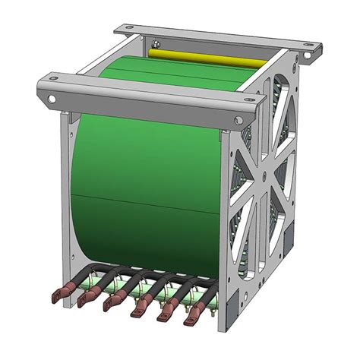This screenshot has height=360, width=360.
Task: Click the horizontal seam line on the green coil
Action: (144, 197)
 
